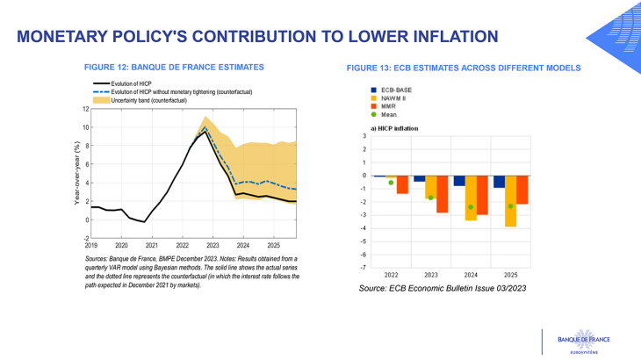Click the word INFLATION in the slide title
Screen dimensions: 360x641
click(445, 36)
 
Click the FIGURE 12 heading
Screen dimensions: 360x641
click(173, 67)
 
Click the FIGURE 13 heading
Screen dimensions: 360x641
click(463, 68)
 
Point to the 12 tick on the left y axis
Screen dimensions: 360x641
click(86, 109)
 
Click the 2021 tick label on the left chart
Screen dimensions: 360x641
click(152, 245)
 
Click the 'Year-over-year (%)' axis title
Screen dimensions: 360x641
click(77, 174)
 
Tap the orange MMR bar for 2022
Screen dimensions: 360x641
click(402, 184)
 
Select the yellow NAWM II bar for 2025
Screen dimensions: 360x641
click(510, 201)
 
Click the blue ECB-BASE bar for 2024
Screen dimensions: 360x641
click(459, 180)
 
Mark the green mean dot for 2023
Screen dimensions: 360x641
click(431, 198)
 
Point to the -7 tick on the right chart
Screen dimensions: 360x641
click(365, 267)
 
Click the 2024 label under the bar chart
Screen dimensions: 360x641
click(471, 275)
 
